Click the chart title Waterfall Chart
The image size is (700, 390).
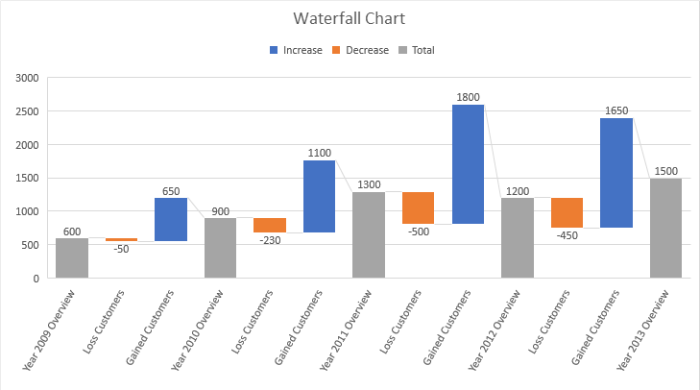(x=350, y=18)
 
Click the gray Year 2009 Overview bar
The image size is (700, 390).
(x=72, y=257)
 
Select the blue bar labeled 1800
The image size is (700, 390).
(x=469, y=163)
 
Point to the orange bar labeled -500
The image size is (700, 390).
(x=419, y=207)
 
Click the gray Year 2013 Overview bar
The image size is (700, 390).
(x=666, y=228)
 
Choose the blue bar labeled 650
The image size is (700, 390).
(x=171, y=219)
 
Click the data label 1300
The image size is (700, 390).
(x=369, y=184)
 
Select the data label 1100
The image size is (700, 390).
(x=320, y=153)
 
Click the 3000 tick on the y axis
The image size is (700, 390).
(x=28, y=78)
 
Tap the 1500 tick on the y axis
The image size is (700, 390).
(x=28, y=178)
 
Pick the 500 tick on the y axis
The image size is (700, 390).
(x=31, y=245)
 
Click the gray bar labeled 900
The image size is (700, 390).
(x=221, y=248)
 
